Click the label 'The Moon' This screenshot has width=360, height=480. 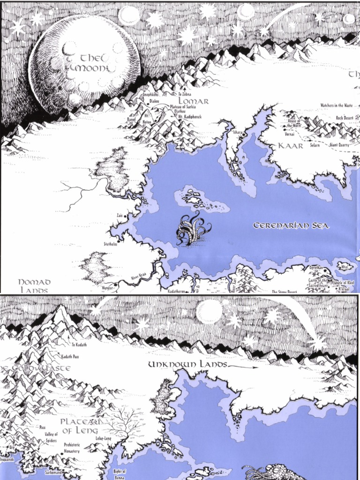[94, 63]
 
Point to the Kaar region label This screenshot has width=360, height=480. [291, 146]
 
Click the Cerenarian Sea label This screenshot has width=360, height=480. [291, 226]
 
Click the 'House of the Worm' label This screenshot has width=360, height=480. [294, 123]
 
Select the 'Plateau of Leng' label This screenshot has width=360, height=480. [79, 426]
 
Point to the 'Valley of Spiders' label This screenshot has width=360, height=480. [51, 437]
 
